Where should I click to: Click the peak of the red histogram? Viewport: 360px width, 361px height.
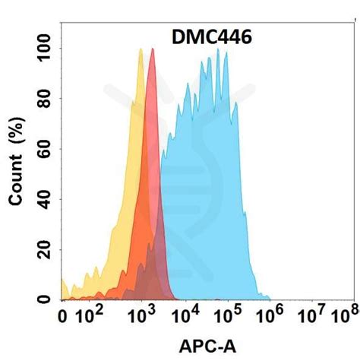click(x=153, y=49)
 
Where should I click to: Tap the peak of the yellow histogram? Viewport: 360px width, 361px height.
click(x=141, y=49)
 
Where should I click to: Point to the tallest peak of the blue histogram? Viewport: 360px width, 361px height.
click(x=218, y=49)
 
